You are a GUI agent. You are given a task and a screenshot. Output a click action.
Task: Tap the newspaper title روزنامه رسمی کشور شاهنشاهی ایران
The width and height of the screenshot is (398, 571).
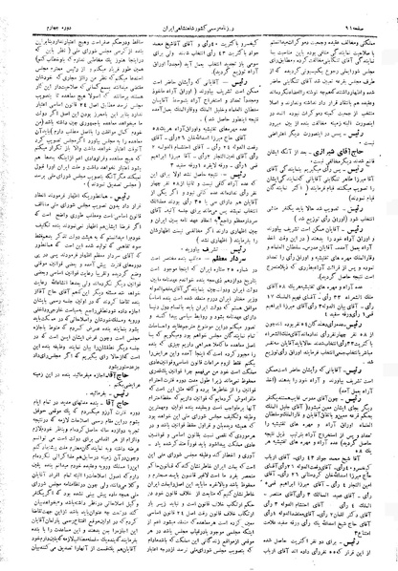tap(200, 9)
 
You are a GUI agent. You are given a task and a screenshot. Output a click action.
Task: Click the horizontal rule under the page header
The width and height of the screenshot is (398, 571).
tap(199, 17)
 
